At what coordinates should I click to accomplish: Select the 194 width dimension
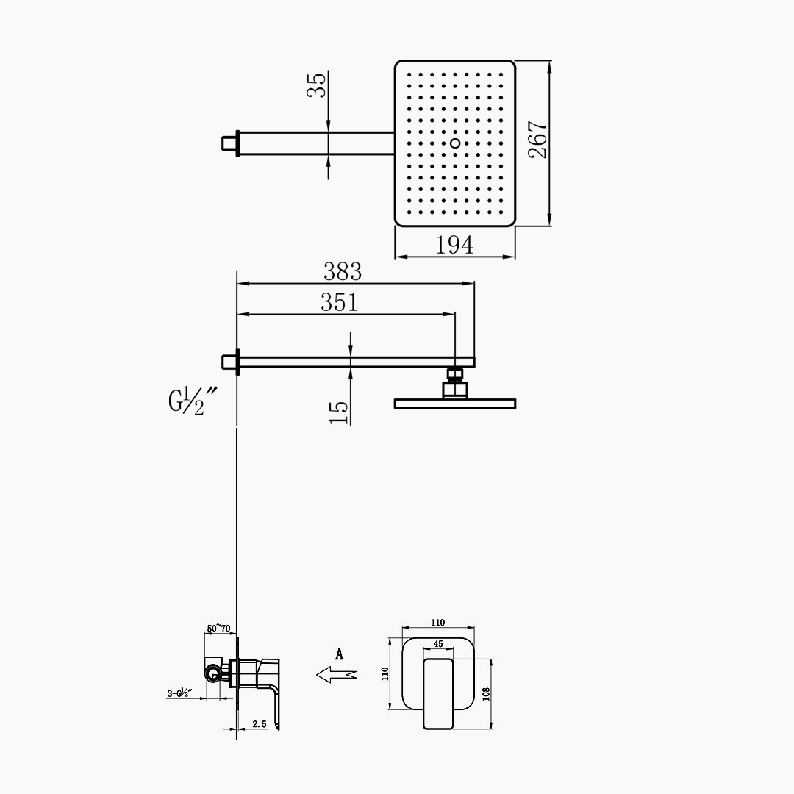click(x=454, y=245)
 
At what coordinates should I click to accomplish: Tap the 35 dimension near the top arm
click(x=318, y=85)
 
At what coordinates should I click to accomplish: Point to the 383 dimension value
click(x=343, y=272)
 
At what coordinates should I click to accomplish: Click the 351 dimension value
click(x=339, y=302)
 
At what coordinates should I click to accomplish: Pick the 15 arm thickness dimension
click(x=339, y=412)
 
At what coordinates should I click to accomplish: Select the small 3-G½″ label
click(x=180, y=693)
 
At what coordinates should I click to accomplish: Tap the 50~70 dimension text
click(x=219, y=629)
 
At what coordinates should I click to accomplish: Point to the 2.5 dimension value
click(x=260, y=724)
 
